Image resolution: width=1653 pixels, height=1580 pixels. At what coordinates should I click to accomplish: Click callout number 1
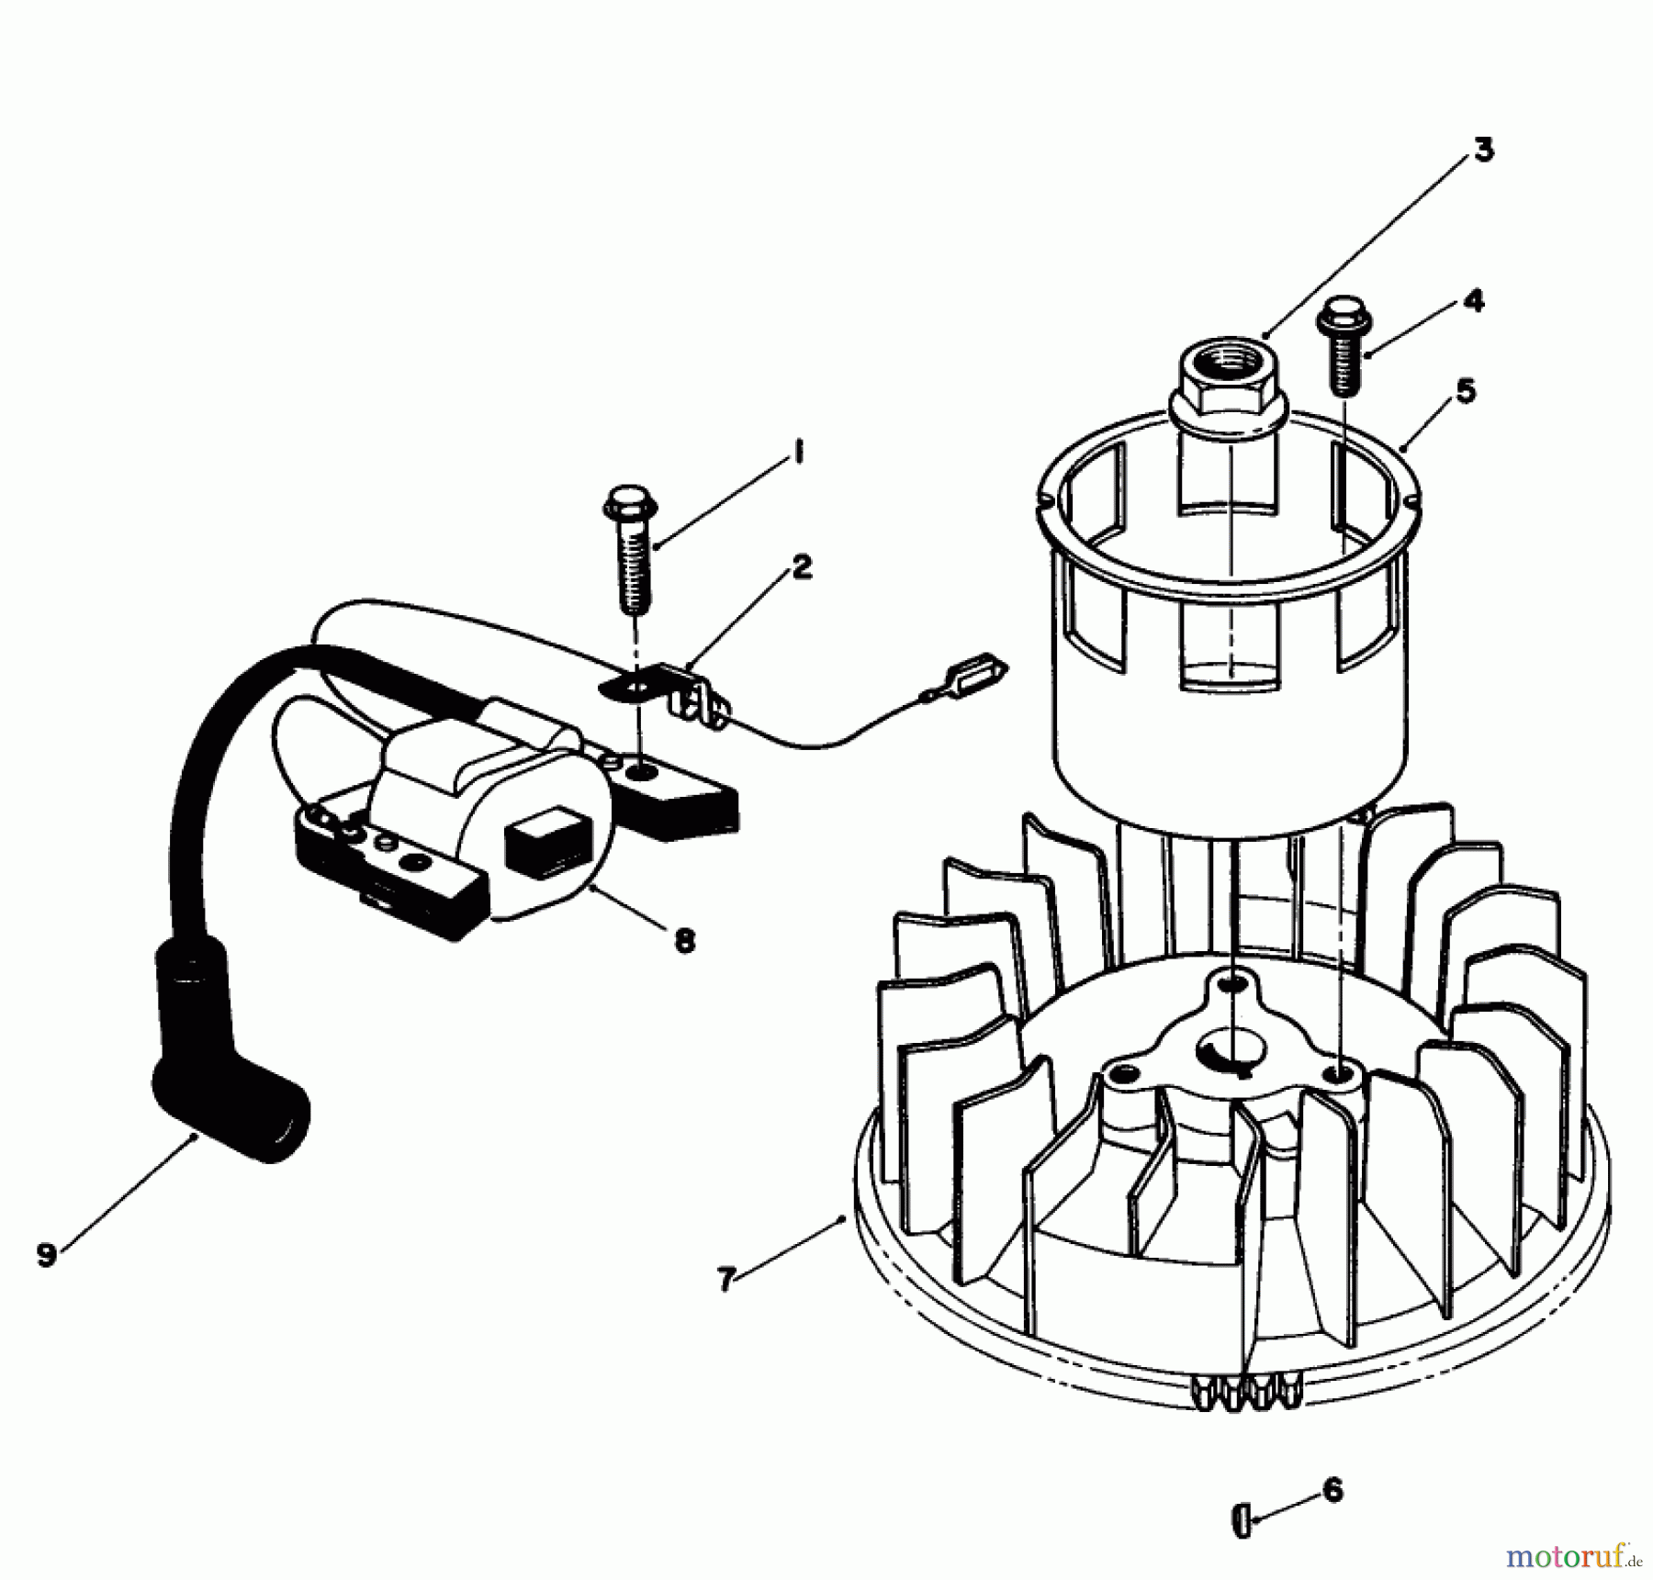coord(797,453)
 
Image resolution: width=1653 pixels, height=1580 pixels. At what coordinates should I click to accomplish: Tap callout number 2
coord(801,566)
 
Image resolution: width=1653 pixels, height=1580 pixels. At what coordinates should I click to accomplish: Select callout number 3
coord(1483,150)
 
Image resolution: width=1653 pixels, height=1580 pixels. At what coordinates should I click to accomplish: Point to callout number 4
coord(1473,300)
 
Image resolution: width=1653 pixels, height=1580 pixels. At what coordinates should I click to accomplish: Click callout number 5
coord(1466,391)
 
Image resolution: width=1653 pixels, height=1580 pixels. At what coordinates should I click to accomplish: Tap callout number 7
coord(726,1278)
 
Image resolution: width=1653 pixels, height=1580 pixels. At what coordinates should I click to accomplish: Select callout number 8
coord(684,940)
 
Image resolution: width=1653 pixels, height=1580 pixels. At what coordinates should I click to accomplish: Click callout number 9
coord(47,1253)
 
